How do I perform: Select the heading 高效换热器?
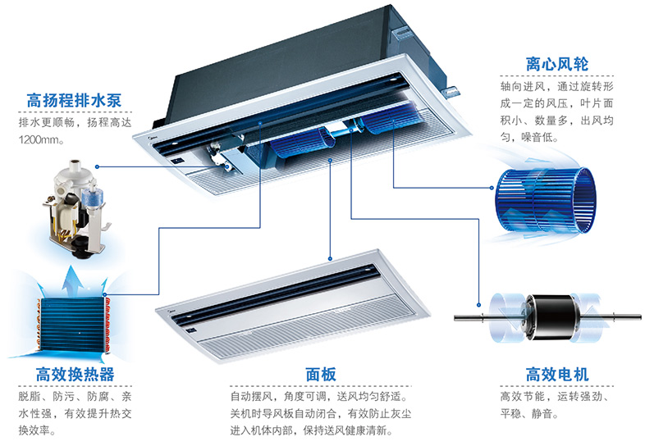tap(75, 375)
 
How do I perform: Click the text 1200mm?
tap(39, 140)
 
